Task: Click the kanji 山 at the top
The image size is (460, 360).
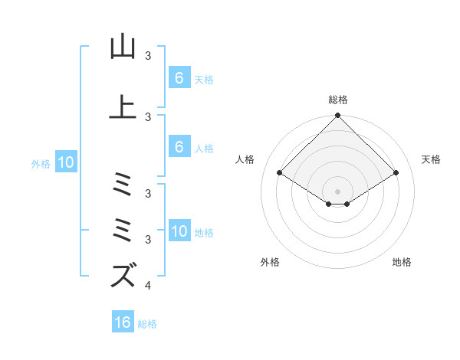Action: pos(123,47)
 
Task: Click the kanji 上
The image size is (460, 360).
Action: pos(123,106)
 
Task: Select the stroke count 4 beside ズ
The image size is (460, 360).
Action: pos(147,286)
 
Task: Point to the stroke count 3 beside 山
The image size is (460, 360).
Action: pos(147,56)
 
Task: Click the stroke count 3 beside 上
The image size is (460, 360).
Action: pos(147,116)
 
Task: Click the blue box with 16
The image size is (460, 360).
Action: pos(123,322)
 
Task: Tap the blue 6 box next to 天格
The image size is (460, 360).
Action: pos(179,78)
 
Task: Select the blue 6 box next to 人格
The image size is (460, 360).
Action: pos(179,147)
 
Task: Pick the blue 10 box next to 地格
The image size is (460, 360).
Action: pos(179,232)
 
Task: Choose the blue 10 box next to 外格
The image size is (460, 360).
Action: pos(66,162)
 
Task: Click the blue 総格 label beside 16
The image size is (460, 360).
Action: pos(147,324)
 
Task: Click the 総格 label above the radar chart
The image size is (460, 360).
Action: pos(337,100)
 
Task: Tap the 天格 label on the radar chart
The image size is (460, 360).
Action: pos(432,159)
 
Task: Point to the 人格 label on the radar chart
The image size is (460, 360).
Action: pos(245,159)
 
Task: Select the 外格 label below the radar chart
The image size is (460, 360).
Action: pos(270,262)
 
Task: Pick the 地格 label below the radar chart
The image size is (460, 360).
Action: pos(402,262)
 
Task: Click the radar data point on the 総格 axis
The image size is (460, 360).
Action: pos(337,116)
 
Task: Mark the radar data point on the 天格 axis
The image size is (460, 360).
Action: pos(396,173)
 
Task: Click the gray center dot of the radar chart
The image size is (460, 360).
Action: pos(337,191)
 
